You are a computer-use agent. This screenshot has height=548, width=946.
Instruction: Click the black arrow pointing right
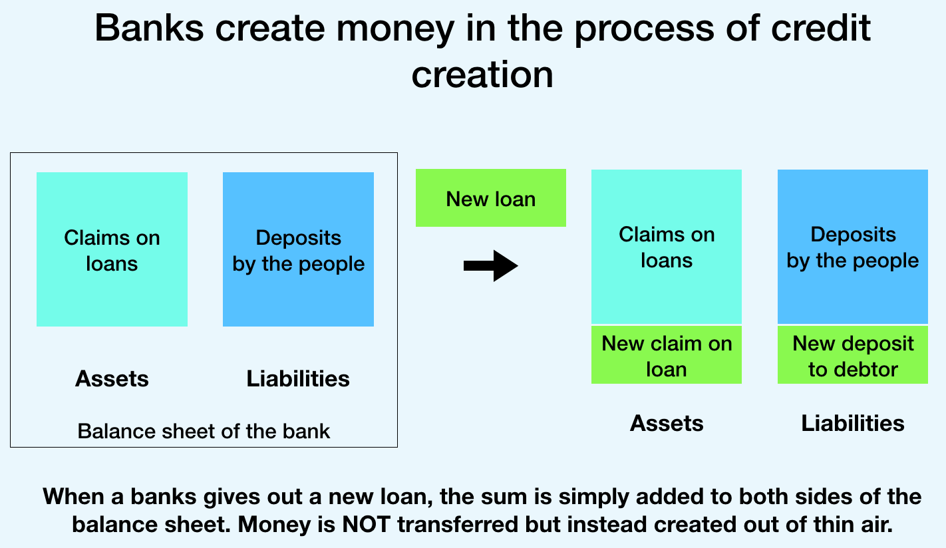tap(491, 266)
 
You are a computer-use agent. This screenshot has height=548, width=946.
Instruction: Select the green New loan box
tap(491, 198)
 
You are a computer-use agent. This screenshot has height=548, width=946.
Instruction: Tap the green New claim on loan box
tap(667, 355)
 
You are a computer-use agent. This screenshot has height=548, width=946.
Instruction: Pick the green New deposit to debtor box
tap(853, 355)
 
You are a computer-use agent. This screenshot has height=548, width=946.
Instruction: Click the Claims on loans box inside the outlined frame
tap(112, 249)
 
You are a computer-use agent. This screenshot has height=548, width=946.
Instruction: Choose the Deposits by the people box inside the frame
tap(298, 249)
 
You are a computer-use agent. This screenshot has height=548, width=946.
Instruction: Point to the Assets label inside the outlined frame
tap(112, 378)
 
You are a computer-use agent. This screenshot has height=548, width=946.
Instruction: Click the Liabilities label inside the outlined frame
tap(298, 378)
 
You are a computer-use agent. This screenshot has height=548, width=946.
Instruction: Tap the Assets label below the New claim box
tap(667, 423)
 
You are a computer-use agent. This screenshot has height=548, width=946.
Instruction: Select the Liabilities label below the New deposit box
tap(853, 423)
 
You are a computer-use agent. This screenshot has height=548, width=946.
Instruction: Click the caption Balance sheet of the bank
tap(204, 431)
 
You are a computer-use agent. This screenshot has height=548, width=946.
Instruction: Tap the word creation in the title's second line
tap(482, 74)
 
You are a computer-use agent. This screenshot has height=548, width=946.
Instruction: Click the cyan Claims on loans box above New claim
tap(667, 247)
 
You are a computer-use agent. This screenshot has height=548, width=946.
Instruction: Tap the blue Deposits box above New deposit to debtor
tap(853, 247)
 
